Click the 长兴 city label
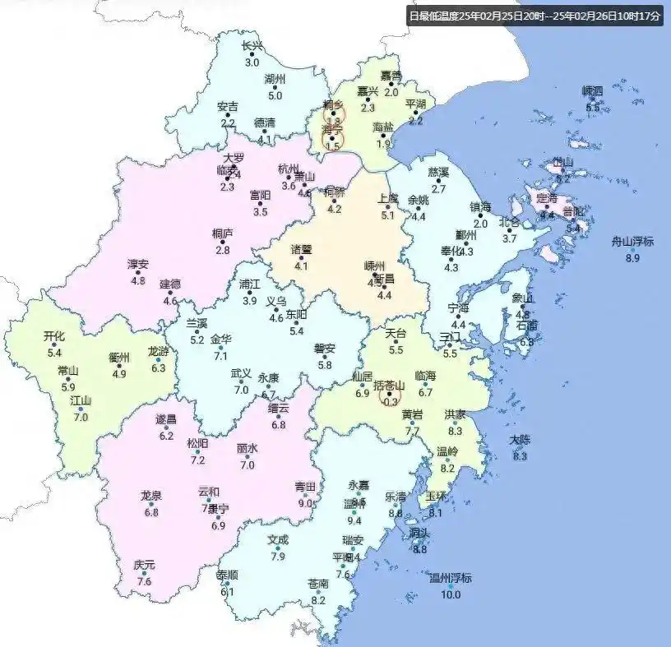coord(252,47)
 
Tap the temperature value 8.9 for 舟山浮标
coord(632,258)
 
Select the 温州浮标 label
coord(451,577)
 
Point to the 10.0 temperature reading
coord(451,594)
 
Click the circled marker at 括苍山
coord(390,397)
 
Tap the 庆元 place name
coord(144,565)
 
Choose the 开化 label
coord(54,335)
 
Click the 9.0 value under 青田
coord(305,503)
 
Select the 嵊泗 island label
coord(592,90)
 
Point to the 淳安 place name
coord(137,264)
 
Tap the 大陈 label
coord(519,440)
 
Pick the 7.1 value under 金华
coord(220,356)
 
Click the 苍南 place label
coord(318,583)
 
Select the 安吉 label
coord(228,106)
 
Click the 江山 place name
coord(81,400)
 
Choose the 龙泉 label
coord(150,495)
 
